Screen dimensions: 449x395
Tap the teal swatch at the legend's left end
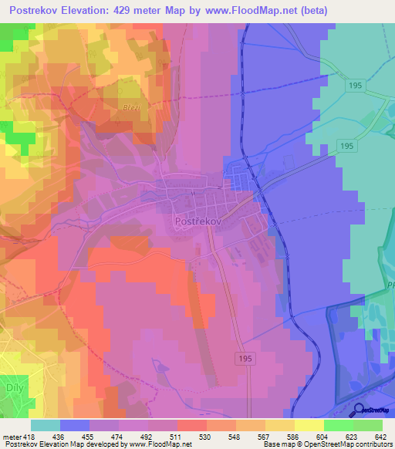(x=46, y=425)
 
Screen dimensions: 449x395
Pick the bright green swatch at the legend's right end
(x=368, y=425)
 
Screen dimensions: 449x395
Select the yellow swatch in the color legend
(x=309, y=425)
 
